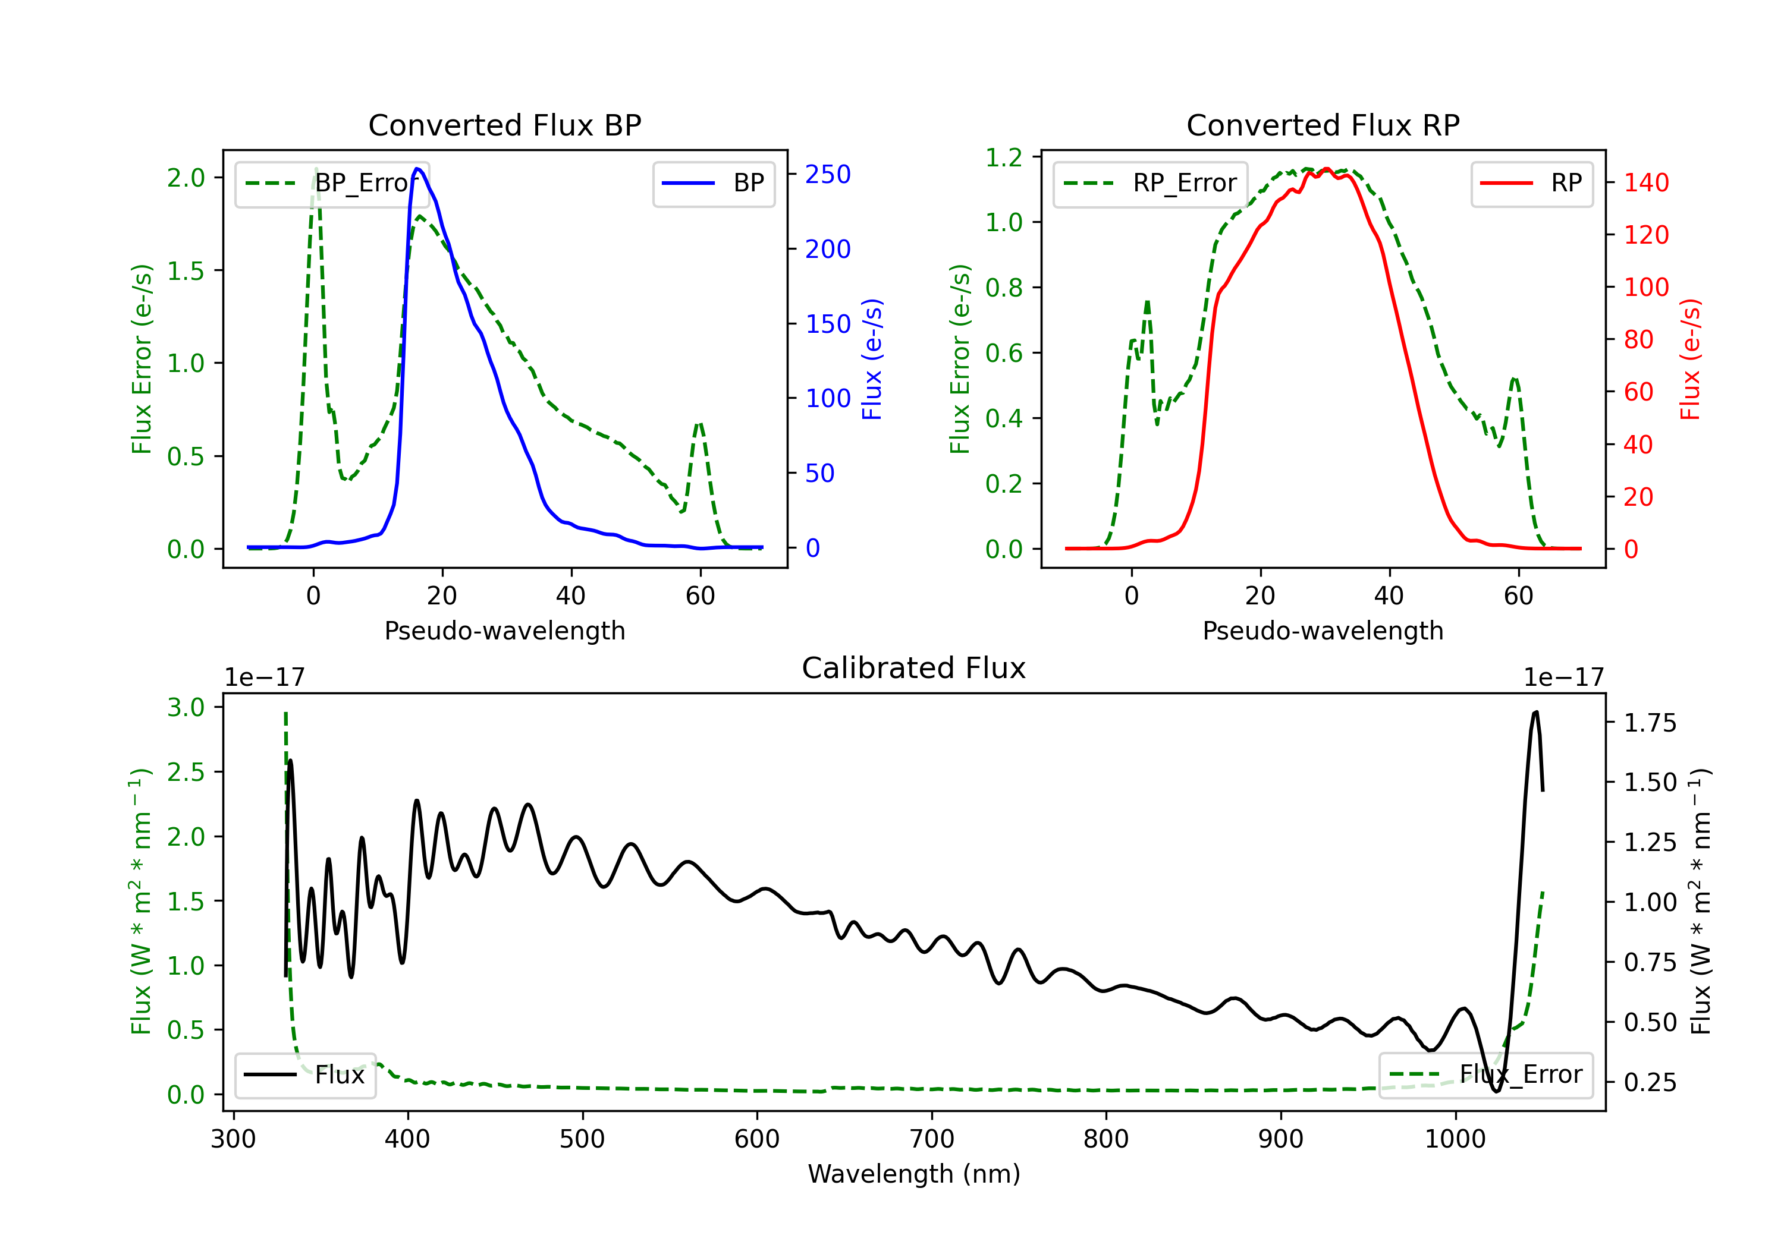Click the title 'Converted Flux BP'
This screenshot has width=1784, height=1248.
pos(504,125)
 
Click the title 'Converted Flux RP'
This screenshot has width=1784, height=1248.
pos(1323,125)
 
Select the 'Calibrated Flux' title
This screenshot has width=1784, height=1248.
pos(914,668)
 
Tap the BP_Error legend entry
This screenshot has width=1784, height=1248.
pos(332,183)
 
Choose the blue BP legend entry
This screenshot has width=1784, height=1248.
pos(713,183)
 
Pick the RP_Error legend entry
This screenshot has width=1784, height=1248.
pos(1150,183)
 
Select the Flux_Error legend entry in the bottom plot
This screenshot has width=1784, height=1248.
pos(1485,1075)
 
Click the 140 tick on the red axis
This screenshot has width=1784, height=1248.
pos(1645,183)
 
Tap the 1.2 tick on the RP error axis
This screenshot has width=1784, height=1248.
pos(1003,157)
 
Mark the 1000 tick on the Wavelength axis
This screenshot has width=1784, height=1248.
pos(1455,1139)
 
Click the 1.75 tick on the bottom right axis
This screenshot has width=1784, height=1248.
pos(1650,723)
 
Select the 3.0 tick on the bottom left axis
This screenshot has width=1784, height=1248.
pos(186,707)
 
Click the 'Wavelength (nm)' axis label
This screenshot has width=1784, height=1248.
pos(914,1174)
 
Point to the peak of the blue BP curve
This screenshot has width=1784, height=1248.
pos(418,169)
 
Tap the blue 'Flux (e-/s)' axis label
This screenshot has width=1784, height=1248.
pos(872,360)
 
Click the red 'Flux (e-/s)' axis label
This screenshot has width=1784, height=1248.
pos(1690,360)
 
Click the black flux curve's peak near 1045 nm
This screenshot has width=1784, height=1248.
pos(1535,712)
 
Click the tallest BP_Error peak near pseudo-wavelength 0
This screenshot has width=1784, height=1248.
pos(315,169)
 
